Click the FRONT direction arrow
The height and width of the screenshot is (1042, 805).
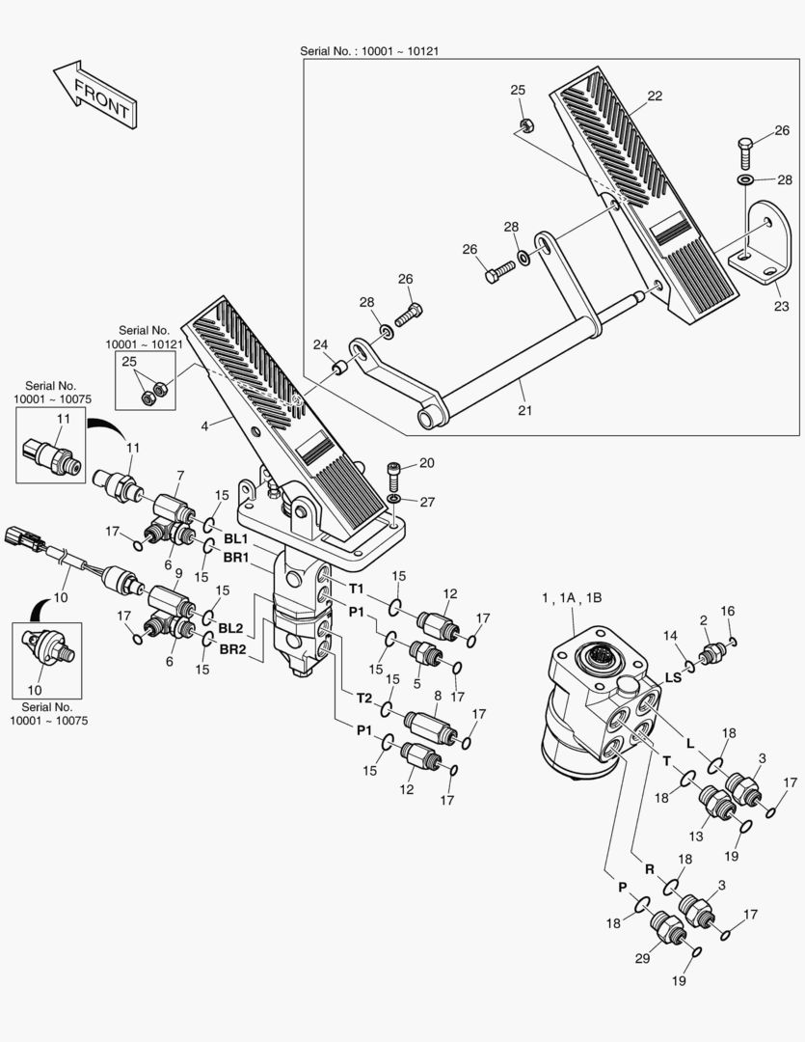coord(94,95)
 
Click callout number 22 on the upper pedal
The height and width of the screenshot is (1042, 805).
coord(655,96)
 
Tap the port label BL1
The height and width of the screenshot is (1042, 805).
coord(236,537)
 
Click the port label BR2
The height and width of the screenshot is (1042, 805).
coord(231,648)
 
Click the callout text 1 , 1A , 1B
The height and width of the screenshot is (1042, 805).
coord(572,599)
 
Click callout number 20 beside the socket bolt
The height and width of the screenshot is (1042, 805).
coord(426,463)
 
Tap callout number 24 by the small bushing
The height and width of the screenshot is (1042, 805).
coord(320,344)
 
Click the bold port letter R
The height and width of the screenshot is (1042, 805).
coord(650,869)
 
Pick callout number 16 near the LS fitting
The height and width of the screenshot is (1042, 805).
coord(728,611)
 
